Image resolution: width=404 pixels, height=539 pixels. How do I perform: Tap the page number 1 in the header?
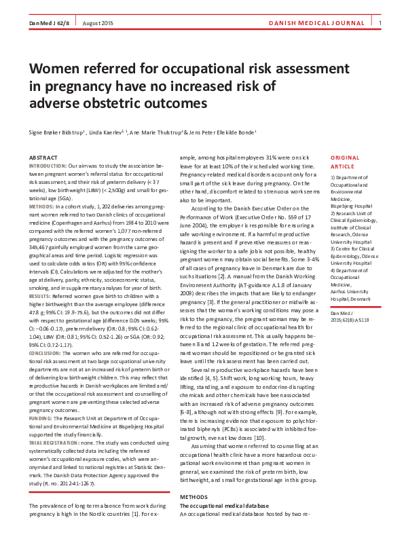[380, 24]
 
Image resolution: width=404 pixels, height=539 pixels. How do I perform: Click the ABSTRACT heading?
[43, 157]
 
